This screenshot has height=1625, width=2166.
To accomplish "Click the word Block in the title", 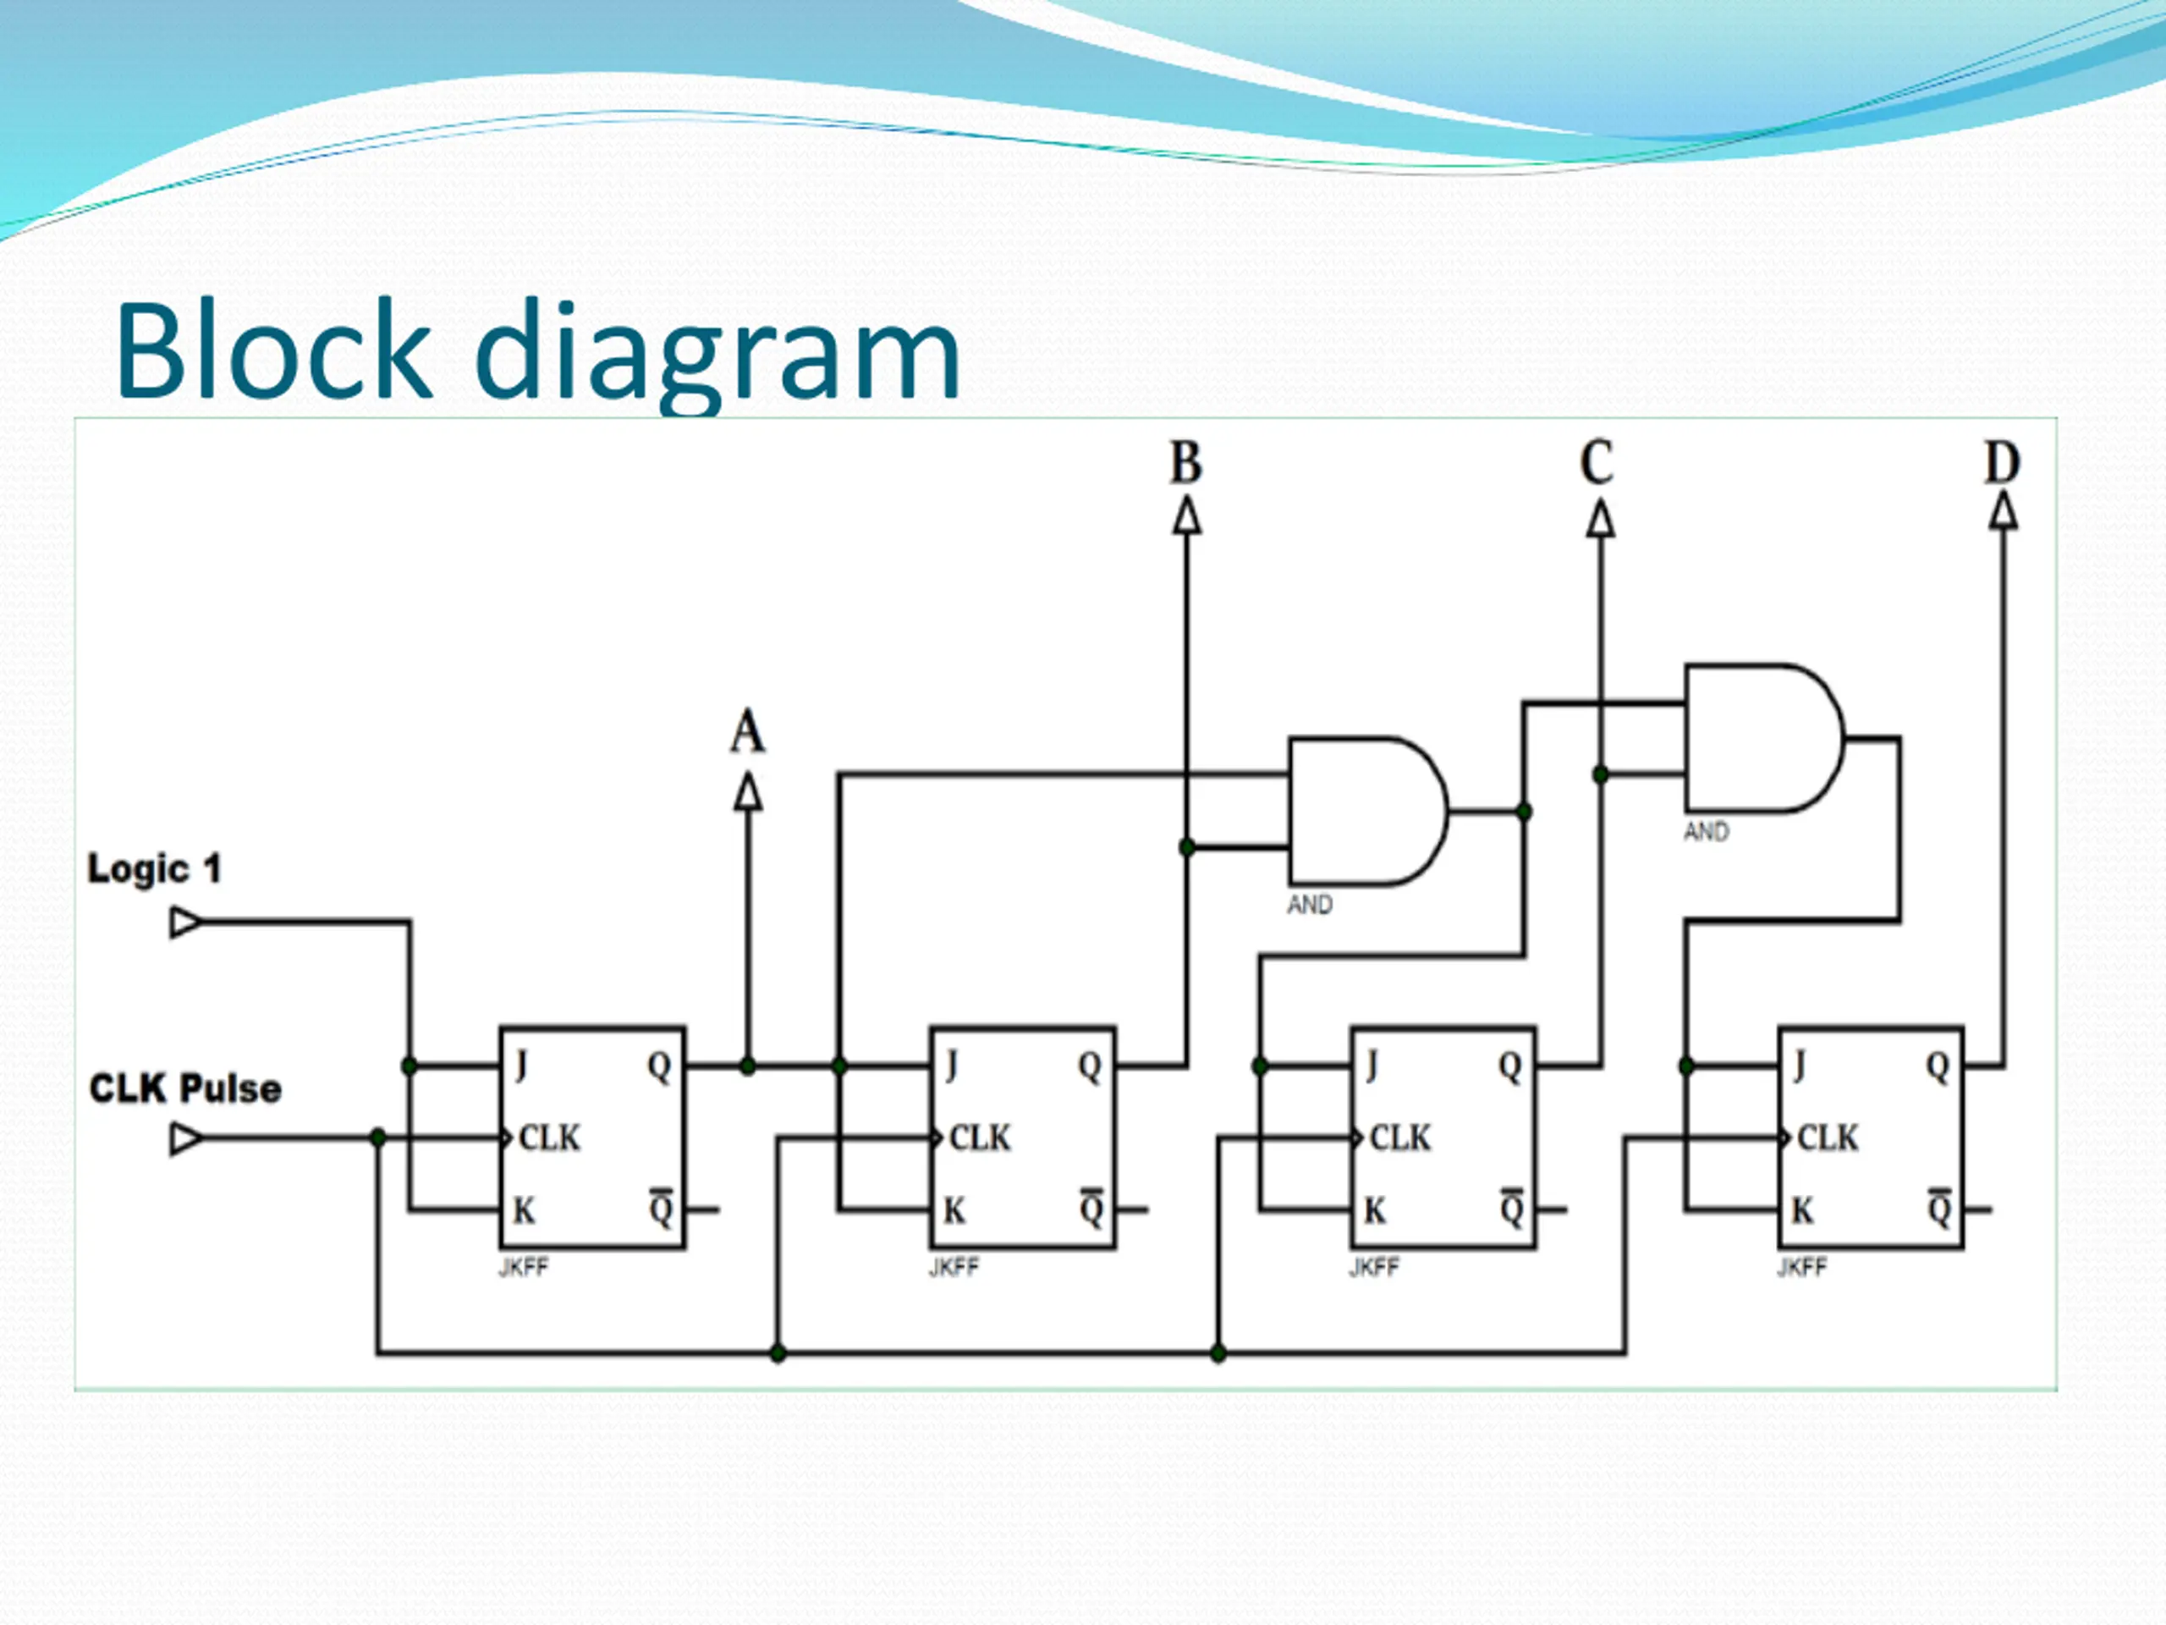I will coord(273,350).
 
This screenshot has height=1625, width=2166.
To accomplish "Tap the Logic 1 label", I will coord(155,869).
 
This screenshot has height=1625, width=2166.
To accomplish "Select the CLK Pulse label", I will coord(185,1089).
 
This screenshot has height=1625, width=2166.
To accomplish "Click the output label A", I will coord(747,732).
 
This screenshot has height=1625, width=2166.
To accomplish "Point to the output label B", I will coord(1186,463).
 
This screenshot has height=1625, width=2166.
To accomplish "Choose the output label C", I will coord(1597,463).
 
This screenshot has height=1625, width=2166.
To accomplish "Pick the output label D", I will coord(2002,463).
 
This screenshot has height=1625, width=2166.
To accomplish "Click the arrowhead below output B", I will coord(1187,516).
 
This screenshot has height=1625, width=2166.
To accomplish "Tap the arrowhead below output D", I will coord(2004,511).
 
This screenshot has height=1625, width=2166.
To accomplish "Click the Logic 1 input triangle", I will coord(185,923).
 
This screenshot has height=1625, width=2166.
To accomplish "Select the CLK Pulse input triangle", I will coord(185,1139).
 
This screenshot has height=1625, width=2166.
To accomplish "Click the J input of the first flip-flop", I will coord(521,1066).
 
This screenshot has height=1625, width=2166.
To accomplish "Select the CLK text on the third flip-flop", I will coord(1400,1138).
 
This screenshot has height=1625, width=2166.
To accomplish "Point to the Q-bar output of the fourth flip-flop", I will coord(1939,1209).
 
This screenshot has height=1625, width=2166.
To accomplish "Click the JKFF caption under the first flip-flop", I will coord(524,1268).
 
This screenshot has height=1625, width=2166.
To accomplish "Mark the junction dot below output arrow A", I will coord(748,1066).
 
